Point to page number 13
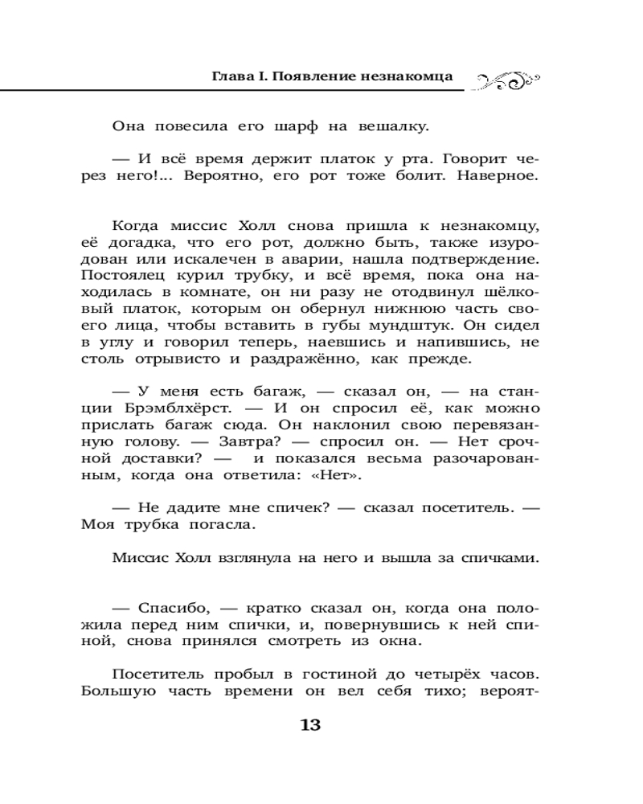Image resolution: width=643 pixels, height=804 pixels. (x=309, y=725)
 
